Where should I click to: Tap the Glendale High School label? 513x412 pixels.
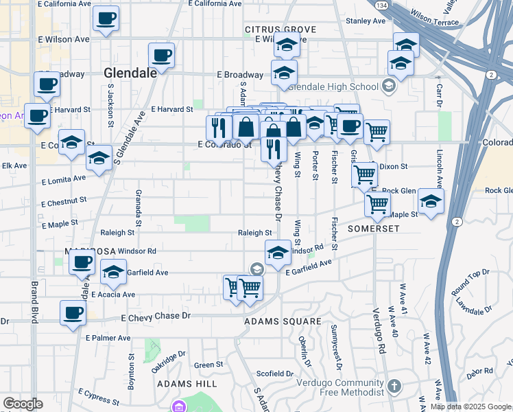(x=334, y=87)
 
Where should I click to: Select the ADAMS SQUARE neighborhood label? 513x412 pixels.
(x=283, y=321)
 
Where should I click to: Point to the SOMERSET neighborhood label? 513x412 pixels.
(x=373, y=228)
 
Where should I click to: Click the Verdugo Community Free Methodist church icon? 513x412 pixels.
(x=394, y=386)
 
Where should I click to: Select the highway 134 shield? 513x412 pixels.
(x=381, y=5)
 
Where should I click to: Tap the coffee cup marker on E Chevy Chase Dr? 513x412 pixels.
(x=73, y=313)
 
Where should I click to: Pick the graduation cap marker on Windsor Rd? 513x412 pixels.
(x=278, y=252)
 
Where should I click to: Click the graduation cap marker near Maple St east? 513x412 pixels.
(x=431, y=202)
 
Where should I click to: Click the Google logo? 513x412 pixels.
(x=23, y=404)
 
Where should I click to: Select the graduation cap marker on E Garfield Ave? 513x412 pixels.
(x=113, y=272)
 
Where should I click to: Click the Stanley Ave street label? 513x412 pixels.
(x=367, y=21)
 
